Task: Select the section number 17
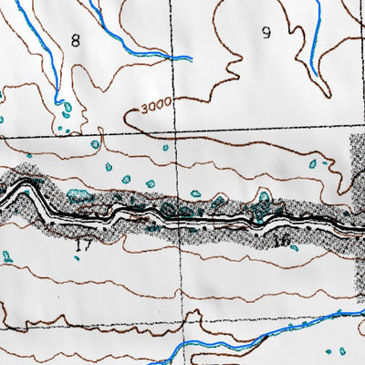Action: (84, 245)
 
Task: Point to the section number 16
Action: (281, 241)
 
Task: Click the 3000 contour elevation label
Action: (158, 108)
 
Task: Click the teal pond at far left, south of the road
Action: (7, 256)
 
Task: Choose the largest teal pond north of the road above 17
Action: (80, 195)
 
